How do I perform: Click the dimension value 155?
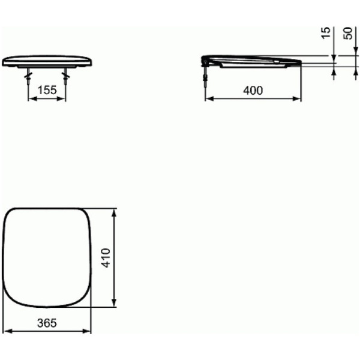tap(47, 90)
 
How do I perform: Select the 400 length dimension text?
tap(253, 90)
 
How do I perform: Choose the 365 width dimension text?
tap(47, 323)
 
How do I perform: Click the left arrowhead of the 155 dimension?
tap(31, 99)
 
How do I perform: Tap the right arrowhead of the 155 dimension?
tap(64, 99)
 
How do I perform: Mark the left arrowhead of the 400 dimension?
tap(208, 99)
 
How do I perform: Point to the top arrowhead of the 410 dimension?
tap(115, 211)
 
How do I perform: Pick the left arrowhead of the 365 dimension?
tap(7, 331)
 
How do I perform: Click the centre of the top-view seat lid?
tap(48, 257)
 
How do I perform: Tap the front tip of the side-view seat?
tap(298, 61)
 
